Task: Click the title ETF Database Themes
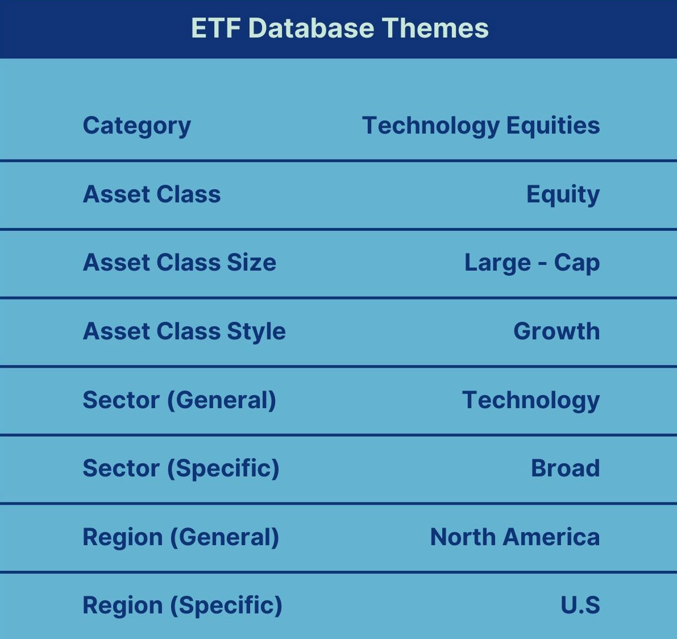point(340,28)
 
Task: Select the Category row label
point(137,126)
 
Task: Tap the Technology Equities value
point(481,126)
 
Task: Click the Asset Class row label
point(152,194)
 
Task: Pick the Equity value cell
point(563,195)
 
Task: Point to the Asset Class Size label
point(180,263)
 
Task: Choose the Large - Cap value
point(532,263)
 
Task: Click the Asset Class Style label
point(184,332)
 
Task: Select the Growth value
point(556,331)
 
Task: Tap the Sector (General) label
point(180,400)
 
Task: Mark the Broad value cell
point(566,468)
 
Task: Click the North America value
point(515,537)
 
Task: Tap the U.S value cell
point(580,605)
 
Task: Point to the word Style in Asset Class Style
point(256,332)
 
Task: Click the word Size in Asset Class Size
point(252,263)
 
